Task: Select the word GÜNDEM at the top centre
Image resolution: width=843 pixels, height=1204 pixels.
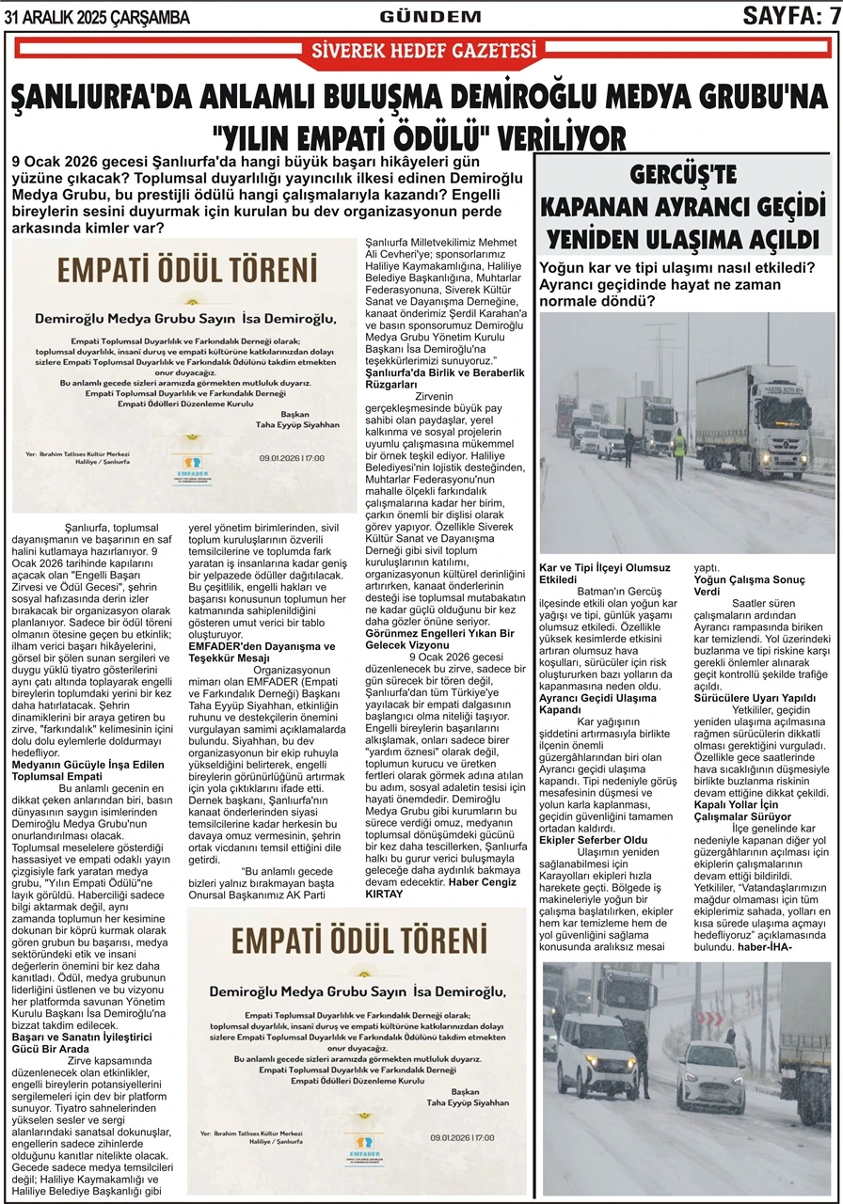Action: tap(430, 17)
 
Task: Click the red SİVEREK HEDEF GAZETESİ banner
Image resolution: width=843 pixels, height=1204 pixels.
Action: tap(422, 53)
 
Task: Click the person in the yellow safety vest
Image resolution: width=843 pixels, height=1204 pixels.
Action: tap(679, 450)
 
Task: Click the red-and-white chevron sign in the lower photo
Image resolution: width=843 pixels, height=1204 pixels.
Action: tap(710, 1018)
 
